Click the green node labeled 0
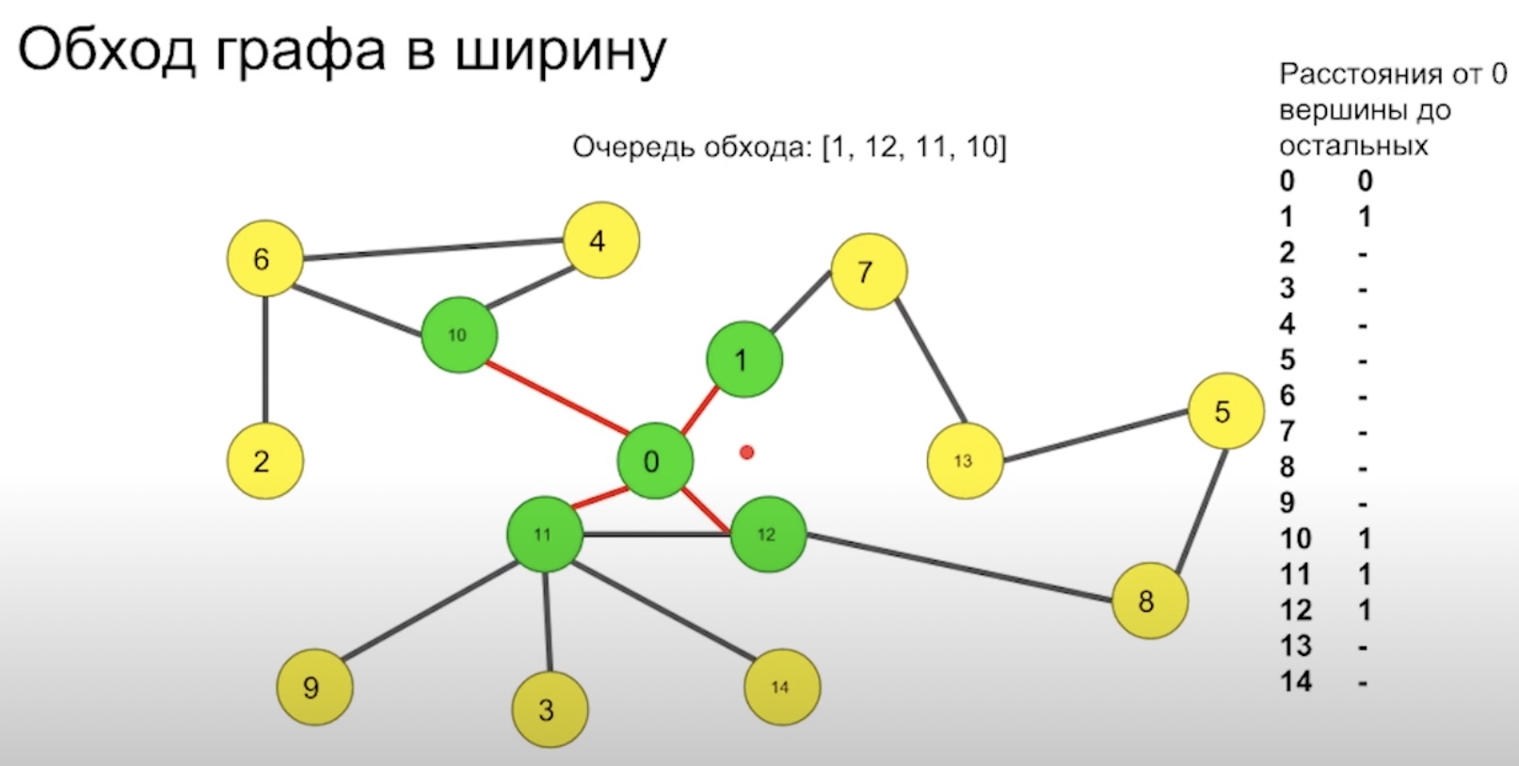pyautogui.click(x=654, y=461)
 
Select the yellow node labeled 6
pyautogui.click(x=264, y=259)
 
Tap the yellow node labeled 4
pyautogui.click(x=600, y=241)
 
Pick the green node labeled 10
pyautogui.click(x=458, y=335)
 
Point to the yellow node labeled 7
pyautogui.click(x=868, y=272)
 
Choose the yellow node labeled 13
pyautogui.click(x=965, y=461)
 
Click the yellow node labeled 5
pyautogui.click(x=1224, y=411)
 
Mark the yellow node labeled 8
pyautogui.click(x=1148, y=601)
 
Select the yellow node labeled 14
pyautogui.click(x=781, y=688)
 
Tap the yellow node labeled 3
pyautogui.click(x=549, y=710)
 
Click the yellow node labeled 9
pyautogui.click(x=313, y=688)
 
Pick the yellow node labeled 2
pyautogui.click(x=264, y=461)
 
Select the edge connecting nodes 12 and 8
pyautogui.click(x=960, y=567)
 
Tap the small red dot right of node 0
pyautogui.click(x=746, y=453)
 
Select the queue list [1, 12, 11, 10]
pyautogui.click(x=914, y=148)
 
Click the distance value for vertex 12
pyautogui.click(x=1364, y=611)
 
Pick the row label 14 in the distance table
pyautogui.click(x=1295, y=681)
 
